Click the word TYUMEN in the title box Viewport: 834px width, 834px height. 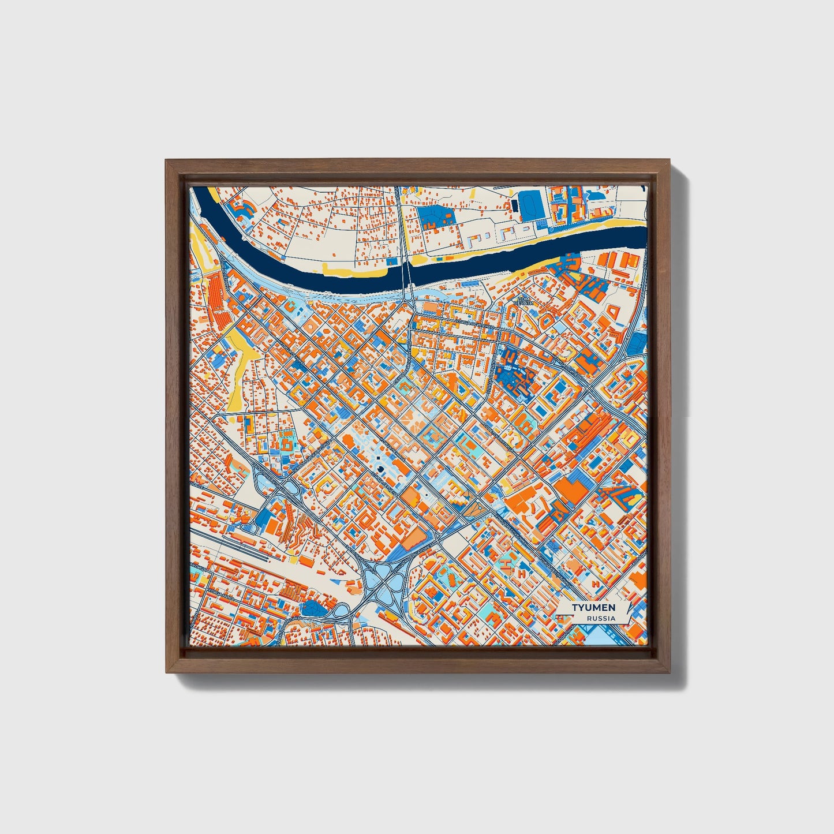pos(593,608)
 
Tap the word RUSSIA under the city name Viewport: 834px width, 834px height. pos(601,618)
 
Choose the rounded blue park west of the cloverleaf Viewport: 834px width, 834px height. pos(314,607)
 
